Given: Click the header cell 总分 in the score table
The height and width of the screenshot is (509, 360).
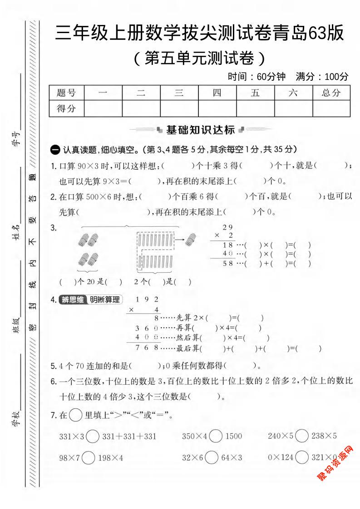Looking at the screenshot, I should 331,93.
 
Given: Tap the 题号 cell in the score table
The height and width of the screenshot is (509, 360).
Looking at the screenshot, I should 66,93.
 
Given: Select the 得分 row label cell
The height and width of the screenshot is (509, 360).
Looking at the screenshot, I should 66,108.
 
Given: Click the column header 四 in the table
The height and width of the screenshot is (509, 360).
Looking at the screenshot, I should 217,93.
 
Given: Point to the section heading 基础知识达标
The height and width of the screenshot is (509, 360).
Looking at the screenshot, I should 200,130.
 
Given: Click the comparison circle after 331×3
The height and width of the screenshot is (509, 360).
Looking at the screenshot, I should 93,436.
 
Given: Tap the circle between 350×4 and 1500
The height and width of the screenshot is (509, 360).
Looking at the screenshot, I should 216,436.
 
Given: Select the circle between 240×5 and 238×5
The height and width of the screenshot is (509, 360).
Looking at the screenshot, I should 302,436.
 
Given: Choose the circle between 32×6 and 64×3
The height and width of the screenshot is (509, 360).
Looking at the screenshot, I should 212,457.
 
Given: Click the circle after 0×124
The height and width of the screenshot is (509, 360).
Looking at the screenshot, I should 302,457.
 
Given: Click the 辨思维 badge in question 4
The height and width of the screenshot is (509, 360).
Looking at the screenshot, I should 72,300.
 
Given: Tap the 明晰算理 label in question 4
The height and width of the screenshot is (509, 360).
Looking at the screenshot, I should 104,300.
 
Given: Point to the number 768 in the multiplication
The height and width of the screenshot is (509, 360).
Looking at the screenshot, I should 146,348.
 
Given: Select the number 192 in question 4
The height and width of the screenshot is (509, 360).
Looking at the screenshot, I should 148,299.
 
